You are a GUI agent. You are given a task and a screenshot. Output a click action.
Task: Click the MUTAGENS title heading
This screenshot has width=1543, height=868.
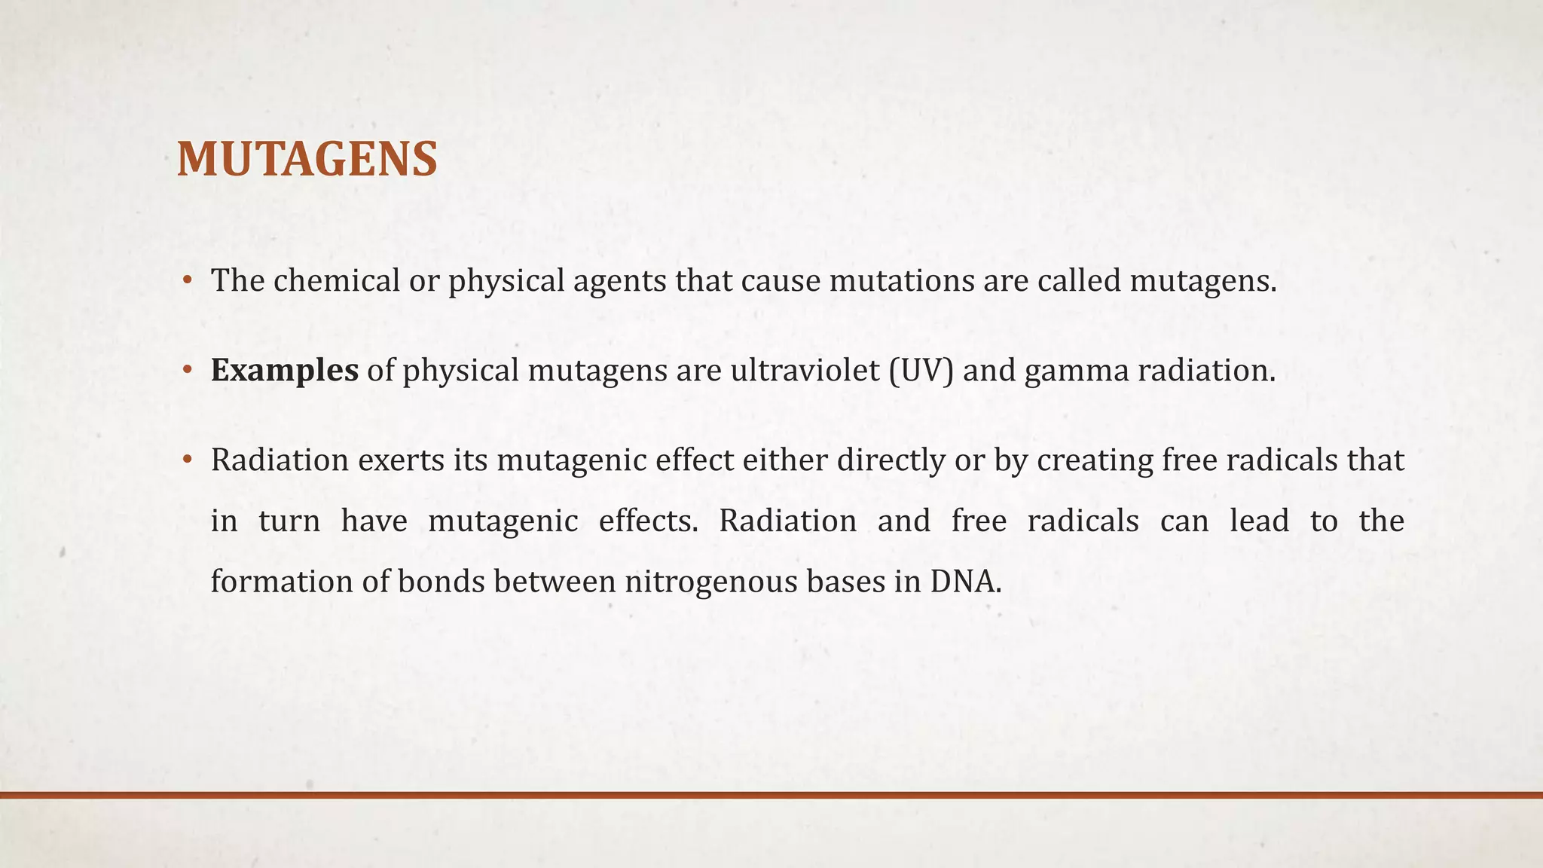point(307,160)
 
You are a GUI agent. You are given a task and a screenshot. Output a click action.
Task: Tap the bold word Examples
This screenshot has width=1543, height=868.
point(284,371)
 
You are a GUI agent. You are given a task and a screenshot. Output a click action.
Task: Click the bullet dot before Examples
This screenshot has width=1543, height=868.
point(188,371)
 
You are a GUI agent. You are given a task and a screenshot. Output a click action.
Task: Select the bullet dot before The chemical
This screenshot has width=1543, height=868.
point(188,281)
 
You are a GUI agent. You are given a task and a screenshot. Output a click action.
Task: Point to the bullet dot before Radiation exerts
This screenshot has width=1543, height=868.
point(188,460)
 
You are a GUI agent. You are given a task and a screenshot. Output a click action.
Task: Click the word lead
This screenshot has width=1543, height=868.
point(1259,521)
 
